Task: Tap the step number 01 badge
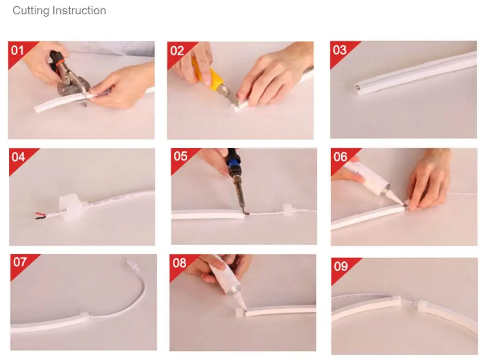[x=17, y=50]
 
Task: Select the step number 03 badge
[x=339, y=50]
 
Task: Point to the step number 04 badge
[x=18, y=156]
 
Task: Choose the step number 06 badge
[x=340, y=156]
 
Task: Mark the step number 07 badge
[x=19, y=262]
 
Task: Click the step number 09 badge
[x=340, y=266]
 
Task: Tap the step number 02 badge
[x=177, y=50]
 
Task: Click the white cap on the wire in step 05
[x=287, y=210]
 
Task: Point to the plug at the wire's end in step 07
[x=130, y=266]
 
